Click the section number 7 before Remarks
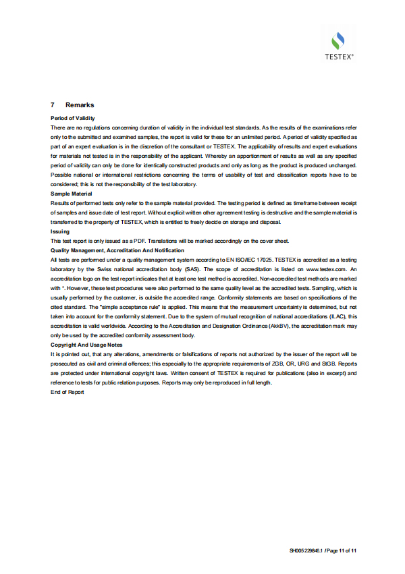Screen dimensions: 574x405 53,105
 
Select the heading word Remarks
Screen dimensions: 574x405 80,105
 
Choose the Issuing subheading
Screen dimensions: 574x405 60,231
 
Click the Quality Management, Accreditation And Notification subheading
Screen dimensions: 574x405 117,250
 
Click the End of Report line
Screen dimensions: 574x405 67,392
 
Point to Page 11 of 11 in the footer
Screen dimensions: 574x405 342,551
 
